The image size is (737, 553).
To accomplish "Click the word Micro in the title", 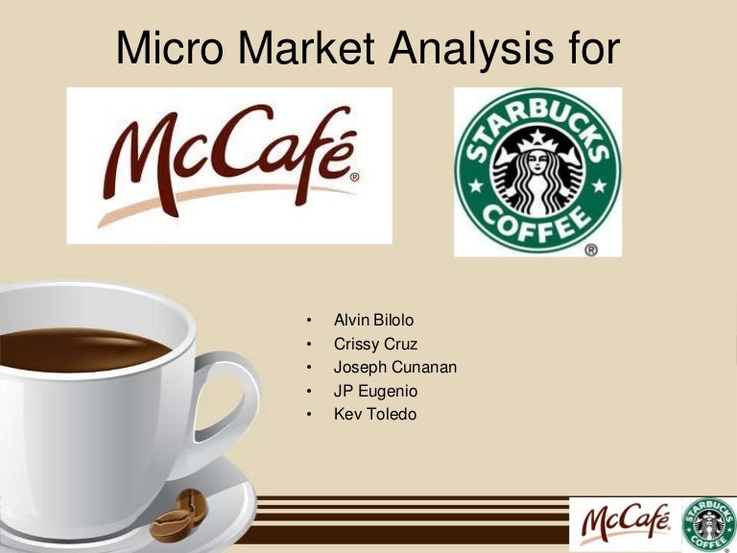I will click(x=175, y=47).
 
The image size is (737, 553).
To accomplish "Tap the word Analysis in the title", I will click(x=467, y=47).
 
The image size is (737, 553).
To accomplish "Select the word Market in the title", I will click(x=311, y=47).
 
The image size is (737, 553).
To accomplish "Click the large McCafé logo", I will click(x=229, y=165).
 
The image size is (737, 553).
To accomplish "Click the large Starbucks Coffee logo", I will click(x=537, y=172).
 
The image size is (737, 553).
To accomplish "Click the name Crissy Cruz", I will click(x=375, y=343).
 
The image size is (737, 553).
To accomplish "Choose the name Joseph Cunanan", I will click(x=395, y=367).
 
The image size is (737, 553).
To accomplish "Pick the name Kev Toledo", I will click(x=375, y=415).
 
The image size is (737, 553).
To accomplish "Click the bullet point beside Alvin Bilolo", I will click(x=309, y=320).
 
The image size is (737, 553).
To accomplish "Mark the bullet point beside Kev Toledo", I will click(x=309, y=416).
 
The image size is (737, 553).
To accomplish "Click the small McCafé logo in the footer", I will click(x=625, y=524).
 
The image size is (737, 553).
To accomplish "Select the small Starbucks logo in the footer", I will click(x=707, y=524).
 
